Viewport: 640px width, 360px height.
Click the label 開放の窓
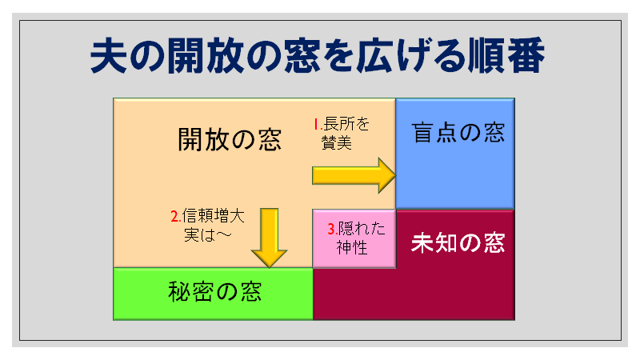pos(230,139)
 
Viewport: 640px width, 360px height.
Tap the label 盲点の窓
pos(458,133)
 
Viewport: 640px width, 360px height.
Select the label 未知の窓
pos(458,243)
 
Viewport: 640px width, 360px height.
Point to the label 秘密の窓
pos(214,291)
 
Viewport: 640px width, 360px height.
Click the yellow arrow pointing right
pos(354,175)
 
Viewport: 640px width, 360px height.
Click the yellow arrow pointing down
pos(269,238)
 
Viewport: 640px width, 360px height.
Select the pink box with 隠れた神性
pos(354,238)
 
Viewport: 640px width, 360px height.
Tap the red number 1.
pos(318,124)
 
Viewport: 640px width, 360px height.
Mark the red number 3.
pos(333,229)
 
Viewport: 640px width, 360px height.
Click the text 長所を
pos(346,124)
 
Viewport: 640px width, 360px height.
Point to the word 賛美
pos(337,142)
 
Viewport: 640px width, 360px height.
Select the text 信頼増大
pos(213,215)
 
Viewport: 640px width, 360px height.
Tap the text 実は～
pos(208,234)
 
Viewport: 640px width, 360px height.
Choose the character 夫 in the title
pos(108,56)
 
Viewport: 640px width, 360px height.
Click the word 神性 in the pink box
pos(352,247)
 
